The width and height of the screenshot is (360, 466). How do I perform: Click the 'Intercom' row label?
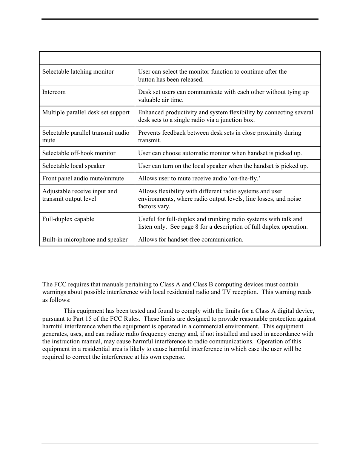[54, 92]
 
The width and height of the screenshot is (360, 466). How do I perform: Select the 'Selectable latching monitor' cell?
[78, 72]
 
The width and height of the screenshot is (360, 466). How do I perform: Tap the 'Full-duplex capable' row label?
[68, 219]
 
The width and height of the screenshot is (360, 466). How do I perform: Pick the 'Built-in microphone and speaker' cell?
[85, 240]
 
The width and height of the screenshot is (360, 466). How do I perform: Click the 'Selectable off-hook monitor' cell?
[79, 153]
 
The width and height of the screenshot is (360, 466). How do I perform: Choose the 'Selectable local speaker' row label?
[74, 166]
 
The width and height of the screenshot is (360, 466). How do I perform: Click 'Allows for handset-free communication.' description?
[191, 240]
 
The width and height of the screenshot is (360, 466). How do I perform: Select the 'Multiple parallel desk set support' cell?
[86, 112]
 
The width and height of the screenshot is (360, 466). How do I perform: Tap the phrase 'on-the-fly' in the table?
[244, 178]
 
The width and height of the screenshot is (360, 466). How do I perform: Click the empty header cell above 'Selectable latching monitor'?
[87, 58]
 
